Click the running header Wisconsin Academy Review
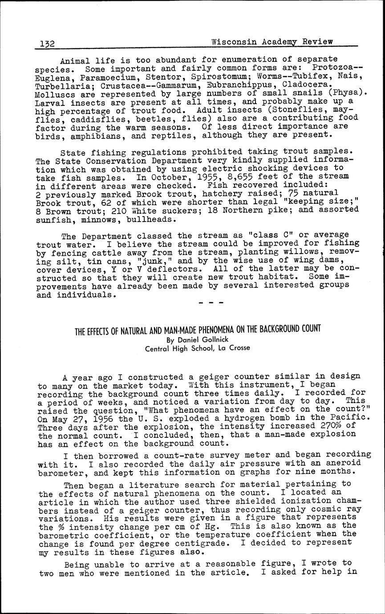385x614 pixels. point(272,42)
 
